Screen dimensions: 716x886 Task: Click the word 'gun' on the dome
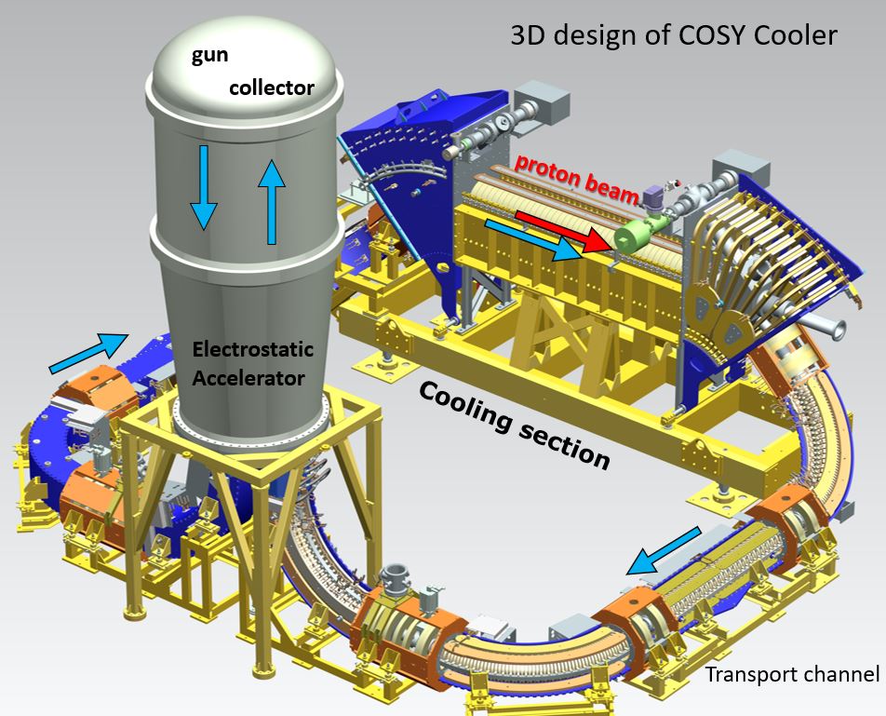click(209, 55)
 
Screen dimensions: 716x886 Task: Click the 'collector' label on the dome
click(271, 88)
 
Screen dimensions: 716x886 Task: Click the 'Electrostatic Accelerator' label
click(252, 364)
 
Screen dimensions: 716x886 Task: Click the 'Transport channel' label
click(792, 673)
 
